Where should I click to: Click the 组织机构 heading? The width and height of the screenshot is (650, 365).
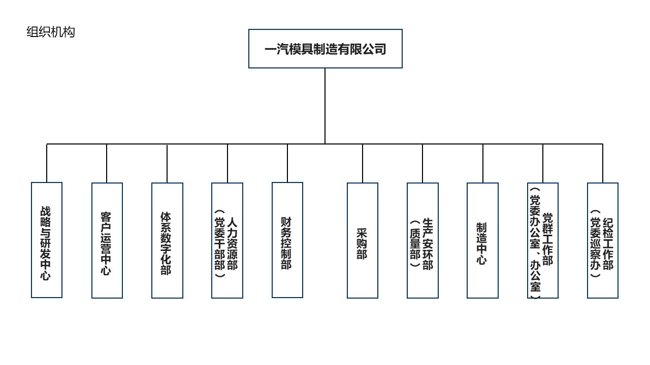point(51,32)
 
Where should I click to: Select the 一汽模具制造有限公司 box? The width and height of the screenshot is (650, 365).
point(325,49)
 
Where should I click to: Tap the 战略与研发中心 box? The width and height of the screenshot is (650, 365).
point(47,240)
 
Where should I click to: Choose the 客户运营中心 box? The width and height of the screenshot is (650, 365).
point(107,240)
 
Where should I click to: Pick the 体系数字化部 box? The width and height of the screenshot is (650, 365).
point(167,240)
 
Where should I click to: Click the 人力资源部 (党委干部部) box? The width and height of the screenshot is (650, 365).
point(227,240)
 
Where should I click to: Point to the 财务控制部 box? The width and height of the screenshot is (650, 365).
point(287,240)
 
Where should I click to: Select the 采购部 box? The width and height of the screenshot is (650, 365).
point(363,240)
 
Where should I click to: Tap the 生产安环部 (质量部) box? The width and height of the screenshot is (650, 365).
point(422,240)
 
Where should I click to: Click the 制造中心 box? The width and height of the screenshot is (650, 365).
point(482,240)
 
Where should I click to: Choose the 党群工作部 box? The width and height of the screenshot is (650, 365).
point(543,240)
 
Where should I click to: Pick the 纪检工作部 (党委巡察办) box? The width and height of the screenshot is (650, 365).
point(603,240)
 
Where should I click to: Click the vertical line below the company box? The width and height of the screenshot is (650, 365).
point(325,106)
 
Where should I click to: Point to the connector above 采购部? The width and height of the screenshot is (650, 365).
point(363,163)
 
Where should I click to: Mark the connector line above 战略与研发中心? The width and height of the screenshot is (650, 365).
point(47,163)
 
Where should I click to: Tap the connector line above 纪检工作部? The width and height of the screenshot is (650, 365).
point(603,163)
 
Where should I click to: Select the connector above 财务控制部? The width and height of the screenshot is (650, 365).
point(287,163)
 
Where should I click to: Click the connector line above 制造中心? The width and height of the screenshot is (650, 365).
point(483,163)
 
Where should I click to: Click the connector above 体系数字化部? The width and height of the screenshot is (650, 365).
point(167,163)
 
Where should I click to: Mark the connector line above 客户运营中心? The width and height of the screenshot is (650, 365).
point(107,163)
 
